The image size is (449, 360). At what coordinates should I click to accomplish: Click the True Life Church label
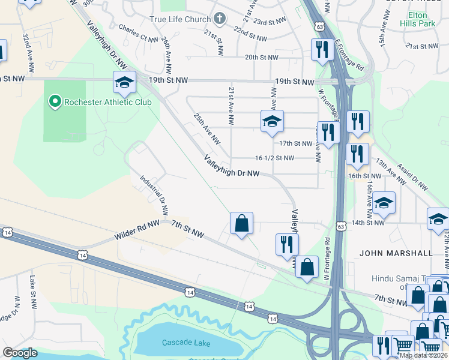(180, 19)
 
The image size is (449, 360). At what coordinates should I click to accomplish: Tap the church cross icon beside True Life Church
(219, 19)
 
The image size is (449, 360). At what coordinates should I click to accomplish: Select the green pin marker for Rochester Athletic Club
(55, 101)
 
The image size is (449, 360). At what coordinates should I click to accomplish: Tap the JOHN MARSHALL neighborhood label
(396, 253)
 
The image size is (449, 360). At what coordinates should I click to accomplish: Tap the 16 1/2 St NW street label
(274, 158)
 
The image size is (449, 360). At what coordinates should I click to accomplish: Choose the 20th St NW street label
(261, 58)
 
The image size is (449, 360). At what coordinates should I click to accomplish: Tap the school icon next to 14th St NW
(384, 203)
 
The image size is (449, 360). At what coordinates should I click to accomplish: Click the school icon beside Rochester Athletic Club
(124, 83)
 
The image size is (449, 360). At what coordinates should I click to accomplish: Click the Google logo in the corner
(20, 353)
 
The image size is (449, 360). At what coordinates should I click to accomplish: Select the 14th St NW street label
(367, 223)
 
